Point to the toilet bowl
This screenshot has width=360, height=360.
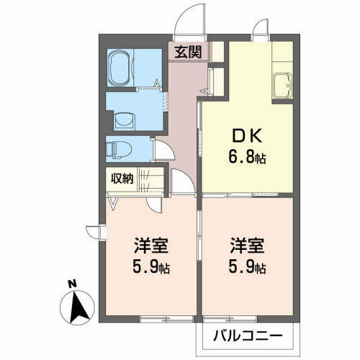tap(117, 149)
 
